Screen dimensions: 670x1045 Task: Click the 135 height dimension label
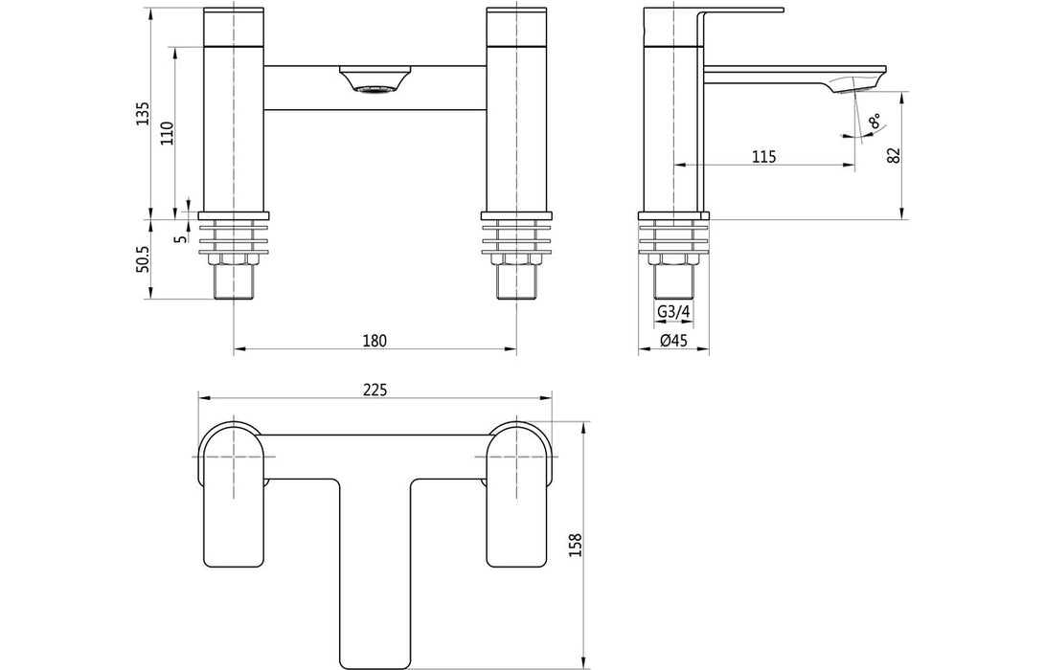143,113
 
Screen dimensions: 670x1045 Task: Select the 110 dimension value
167,133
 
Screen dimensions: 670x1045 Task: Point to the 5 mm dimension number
180,236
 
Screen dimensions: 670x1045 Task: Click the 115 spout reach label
762,156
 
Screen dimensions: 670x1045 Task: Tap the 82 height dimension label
894,156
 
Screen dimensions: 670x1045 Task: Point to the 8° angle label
874,123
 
